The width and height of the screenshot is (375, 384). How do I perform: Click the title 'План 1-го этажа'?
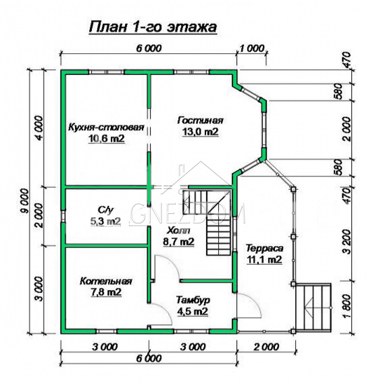click(153, 27)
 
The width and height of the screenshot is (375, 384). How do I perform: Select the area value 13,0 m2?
click(200, 132)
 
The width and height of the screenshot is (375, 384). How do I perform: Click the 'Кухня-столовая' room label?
click(106, 127)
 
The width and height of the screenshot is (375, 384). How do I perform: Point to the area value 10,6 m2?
click(107, 139)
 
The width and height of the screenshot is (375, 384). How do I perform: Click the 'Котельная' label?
click(106, 281)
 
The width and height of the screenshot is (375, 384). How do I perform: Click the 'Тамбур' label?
click(193, 300)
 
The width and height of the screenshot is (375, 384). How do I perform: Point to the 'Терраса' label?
click(264, 248)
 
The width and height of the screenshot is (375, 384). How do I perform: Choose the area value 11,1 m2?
click(264, 260)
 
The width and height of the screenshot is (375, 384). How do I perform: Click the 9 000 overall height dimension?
click(25, 201)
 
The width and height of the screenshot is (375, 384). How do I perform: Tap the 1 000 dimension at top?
click(252, 48)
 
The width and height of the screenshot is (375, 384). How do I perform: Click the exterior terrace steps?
click(313, 307)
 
